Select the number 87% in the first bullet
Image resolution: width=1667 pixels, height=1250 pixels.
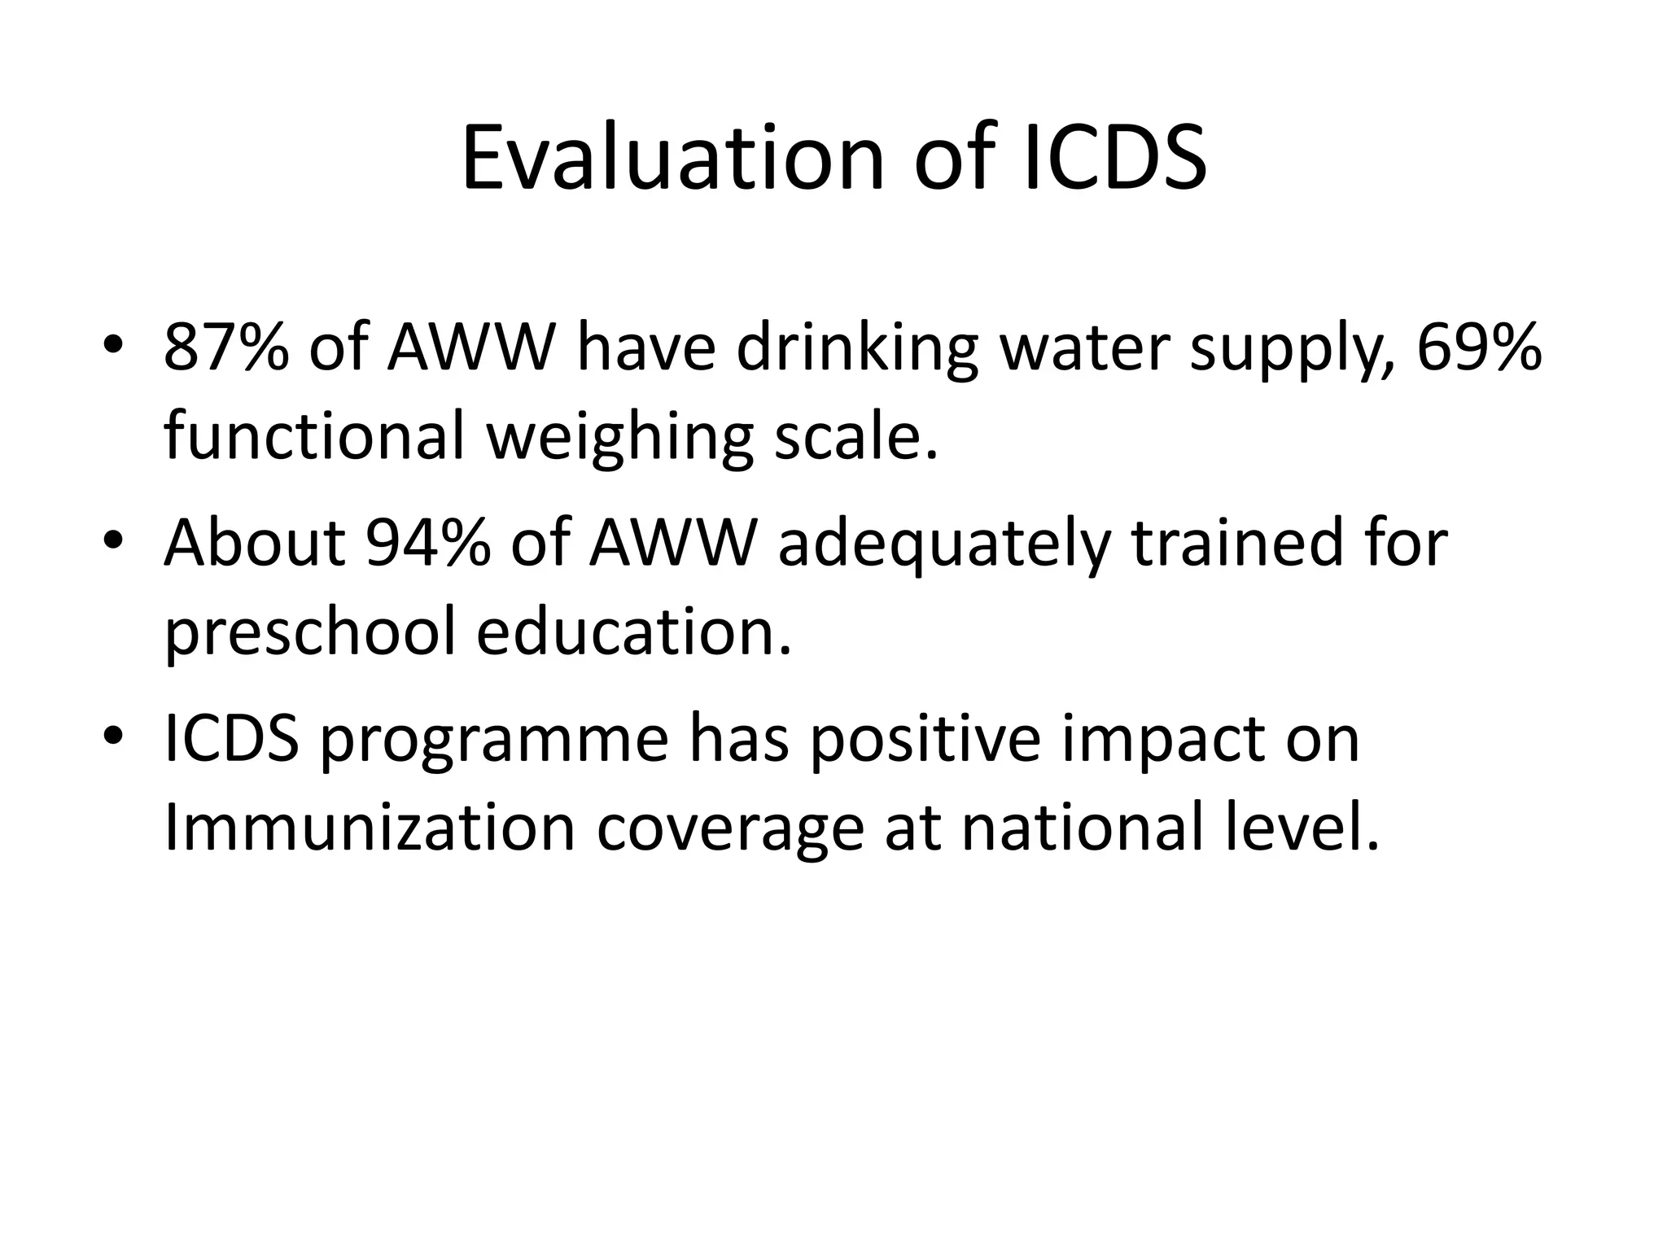[226, 347]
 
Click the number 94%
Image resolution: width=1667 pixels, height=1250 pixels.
[428, 543]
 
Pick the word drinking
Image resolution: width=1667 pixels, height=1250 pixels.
[856, 350]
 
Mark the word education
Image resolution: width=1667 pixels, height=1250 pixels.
[633, 632]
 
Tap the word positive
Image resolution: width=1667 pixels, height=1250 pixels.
[925, 741]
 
